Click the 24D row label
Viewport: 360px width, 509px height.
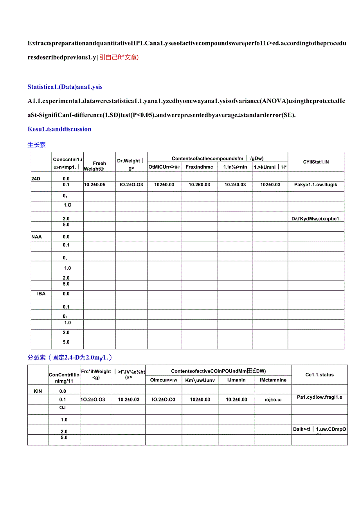[36, 179]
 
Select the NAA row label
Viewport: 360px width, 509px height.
[36, 237]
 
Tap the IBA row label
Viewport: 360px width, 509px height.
[41, 294]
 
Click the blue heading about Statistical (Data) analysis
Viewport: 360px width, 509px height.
[65, 87]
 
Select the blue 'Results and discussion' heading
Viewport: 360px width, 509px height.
[59, 129]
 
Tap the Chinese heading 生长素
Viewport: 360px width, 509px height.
[36, 145]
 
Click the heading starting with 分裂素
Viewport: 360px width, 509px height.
[70, 357]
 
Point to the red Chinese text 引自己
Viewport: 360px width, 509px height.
[119, 57]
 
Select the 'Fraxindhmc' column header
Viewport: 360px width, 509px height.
[199, 167]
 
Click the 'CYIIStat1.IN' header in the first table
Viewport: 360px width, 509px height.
[316, 162]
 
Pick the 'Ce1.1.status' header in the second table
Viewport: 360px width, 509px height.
[319, 375]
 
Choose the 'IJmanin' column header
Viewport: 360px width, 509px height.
[236, 380]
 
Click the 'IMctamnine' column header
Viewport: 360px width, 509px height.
[273, 380]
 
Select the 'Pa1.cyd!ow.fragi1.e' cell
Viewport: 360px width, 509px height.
[319, 397]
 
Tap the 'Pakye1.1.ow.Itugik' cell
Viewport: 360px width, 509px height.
[315, 185]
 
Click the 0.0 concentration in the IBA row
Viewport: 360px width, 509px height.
[66, 294]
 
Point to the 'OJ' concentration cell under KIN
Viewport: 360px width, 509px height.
[63, 408]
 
